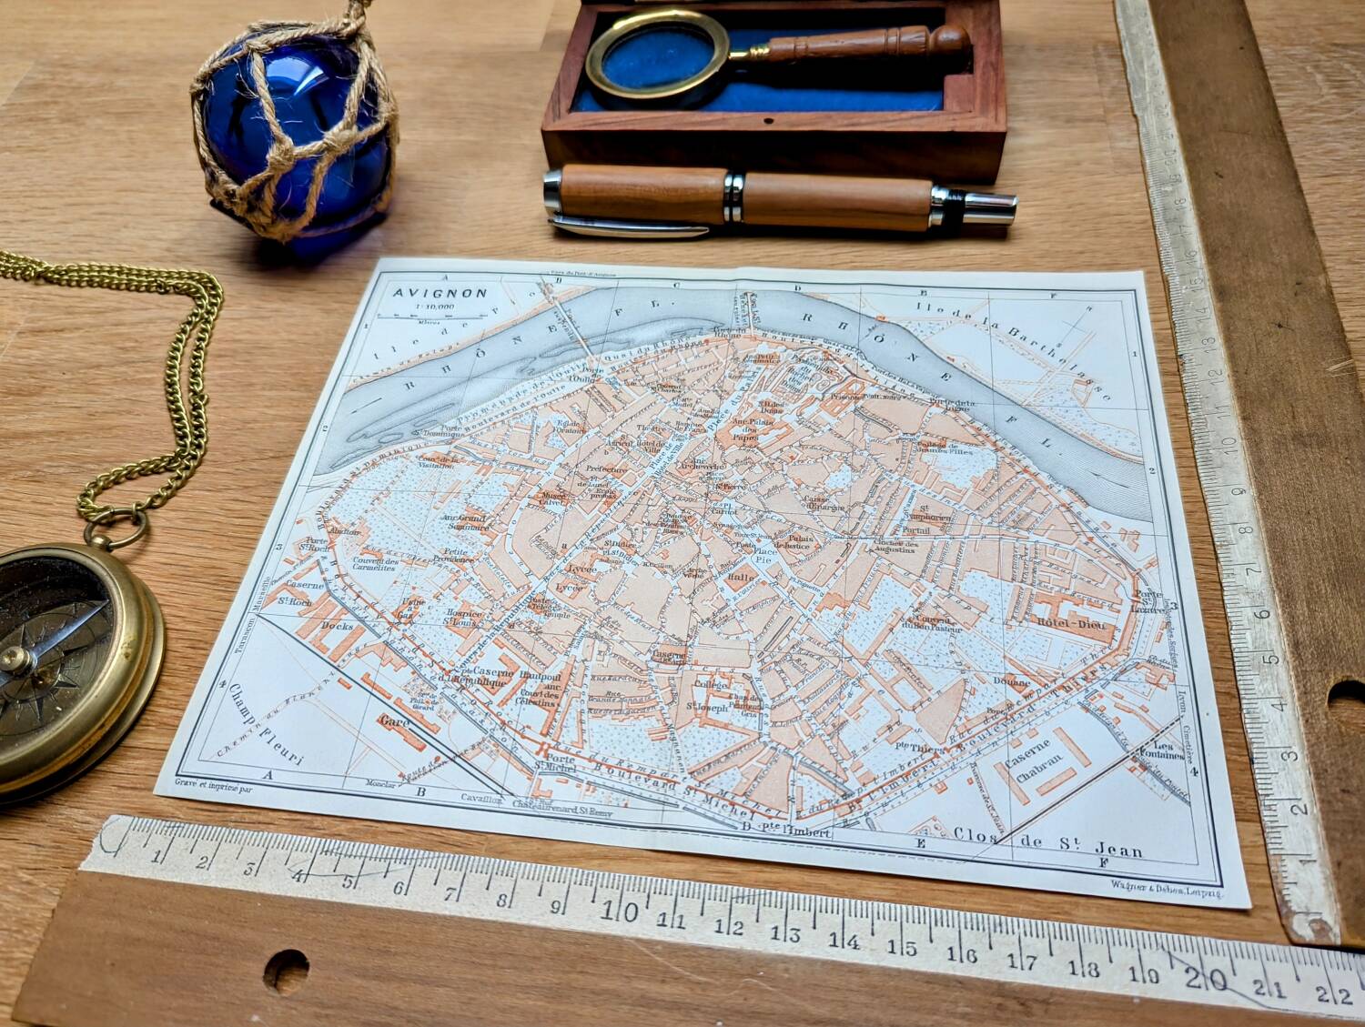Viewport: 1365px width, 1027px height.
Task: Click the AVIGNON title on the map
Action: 440,294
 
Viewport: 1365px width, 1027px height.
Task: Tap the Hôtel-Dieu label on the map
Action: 1076,625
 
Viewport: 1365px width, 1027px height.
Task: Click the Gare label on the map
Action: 396,722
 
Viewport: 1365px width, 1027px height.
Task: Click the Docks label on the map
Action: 338,626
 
